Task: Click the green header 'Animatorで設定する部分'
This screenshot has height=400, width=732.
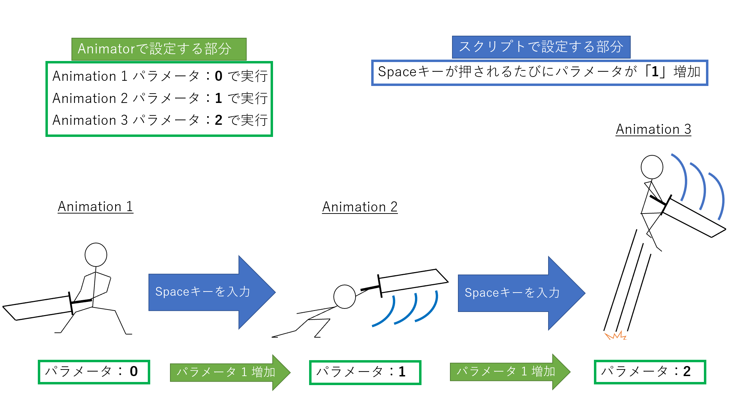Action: click(x=159, y=49)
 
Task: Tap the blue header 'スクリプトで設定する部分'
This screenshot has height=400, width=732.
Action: click(x=541, y=47)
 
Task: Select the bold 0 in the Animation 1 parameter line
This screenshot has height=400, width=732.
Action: click(x=218, y=76)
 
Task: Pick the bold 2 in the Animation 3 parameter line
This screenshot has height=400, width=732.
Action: click(x=218, y=120)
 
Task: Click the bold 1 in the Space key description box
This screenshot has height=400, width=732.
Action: click(x=655, y=72)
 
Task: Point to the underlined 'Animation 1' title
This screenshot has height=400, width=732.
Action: click(x=95, y=207)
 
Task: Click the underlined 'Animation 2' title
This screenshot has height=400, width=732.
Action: click(x=360, y=207)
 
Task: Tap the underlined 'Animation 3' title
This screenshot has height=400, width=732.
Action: click(x=653, y=129)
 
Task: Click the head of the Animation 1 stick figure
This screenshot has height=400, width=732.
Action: click(x=96, y=255)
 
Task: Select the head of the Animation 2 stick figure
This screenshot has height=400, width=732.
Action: click(x=344, y=297)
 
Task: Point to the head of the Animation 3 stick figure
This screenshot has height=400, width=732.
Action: click(x=652, y=167)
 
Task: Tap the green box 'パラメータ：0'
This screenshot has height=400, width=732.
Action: click(x=94, y=372)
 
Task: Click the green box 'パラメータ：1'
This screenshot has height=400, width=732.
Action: click(x=365, y=372)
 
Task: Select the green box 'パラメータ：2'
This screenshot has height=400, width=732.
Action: click(x=650, y=372)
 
